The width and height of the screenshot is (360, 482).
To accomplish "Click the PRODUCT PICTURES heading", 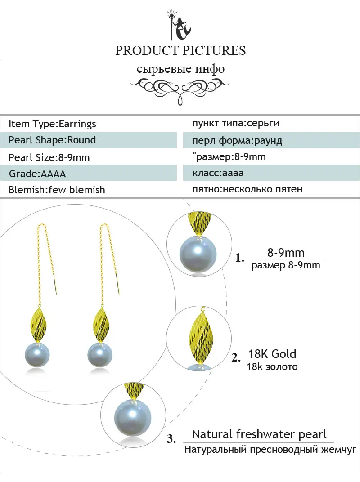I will pos(180,50).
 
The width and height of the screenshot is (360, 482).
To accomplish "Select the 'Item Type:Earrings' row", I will pos(52,124).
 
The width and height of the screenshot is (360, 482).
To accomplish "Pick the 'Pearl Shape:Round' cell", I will pos(52,140).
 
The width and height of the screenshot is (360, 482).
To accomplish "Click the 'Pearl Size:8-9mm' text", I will pos(49,157).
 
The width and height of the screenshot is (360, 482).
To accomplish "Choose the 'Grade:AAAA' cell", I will pos(40,174).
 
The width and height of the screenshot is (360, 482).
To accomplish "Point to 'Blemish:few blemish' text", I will pos(57,190).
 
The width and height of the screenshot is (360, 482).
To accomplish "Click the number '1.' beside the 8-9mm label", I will pos(240,258).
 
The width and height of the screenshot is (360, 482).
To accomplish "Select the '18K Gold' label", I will pos(272,353).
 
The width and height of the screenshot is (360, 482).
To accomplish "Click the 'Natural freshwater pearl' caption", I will pos(259,435).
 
